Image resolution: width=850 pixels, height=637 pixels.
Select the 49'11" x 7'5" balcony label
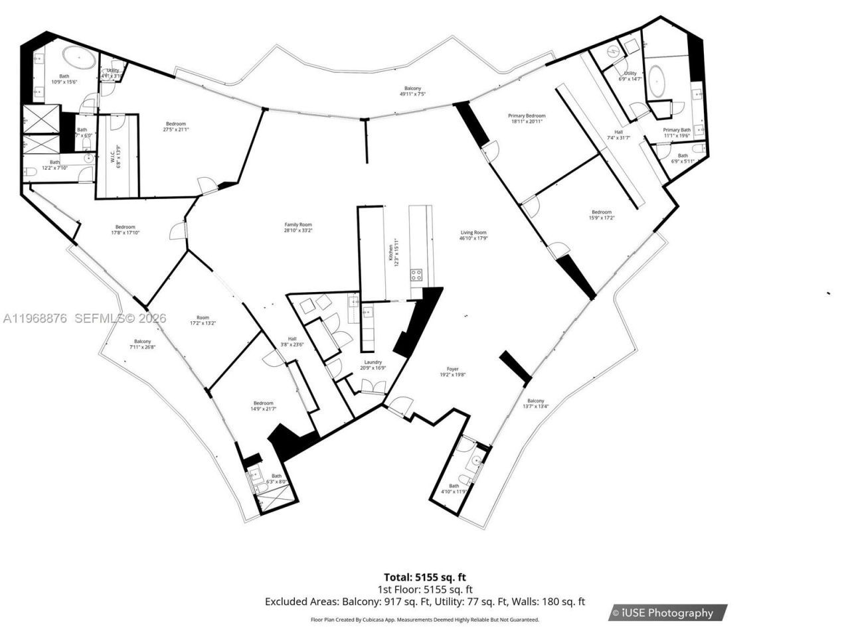pos(412,91)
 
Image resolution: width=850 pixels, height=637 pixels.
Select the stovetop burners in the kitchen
pos(416,273)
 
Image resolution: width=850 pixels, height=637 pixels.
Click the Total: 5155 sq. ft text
pos(429,577)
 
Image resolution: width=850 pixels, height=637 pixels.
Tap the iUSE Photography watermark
pos(668,612)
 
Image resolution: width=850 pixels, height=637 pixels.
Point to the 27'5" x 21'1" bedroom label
pos(176,127)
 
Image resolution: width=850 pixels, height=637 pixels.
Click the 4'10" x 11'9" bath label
pos(454,488)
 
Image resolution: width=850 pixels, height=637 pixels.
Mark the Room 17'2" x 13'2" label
pos(203,320)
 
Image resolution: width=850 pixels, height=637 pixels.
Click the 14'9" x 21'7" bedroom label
pos(263,406)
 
